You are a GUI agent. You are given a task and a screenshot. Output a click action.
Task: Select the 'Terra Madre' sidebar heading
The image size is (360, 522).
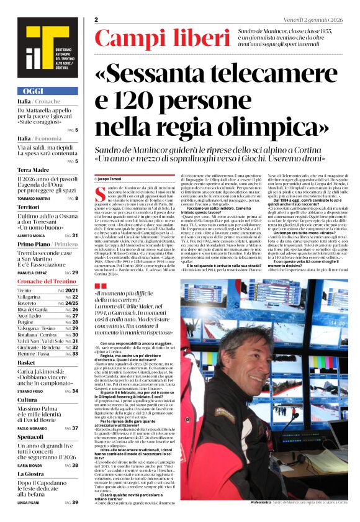pyautogui.click(x=33, y=169)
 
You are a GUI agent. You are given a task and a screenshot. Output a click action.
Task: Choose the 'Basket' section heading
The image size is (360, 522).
pyautogui.click(x=26, y=362)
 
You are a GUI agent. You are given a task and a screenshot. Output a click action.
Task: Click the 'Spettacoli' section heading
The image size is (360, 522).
pyautogui.click(x=31, y=437)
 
